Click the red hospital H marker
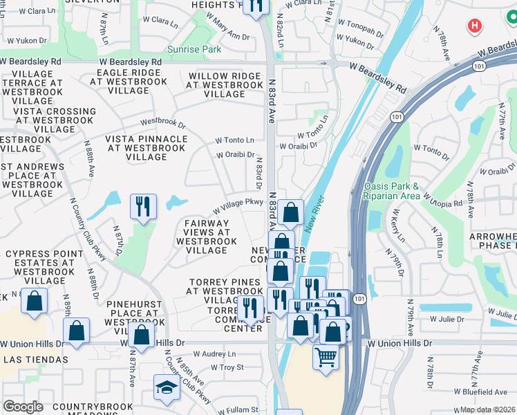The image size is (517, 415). (x=474, y=26)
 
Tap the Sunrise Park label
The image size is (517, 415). (x=194, y=50)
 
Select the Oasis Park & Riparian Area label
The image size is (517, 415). (x=391, y=191)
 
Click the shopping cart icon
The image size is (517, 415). (x=326, y=358)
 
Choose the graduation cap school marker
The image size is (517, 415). (x=167, y=388)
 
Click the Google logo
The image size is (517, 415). (x=23, y=407)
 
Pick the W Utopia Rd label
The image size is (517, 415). (x=443, y=201)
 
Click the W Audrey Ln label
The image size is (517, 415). (x=214, y=353)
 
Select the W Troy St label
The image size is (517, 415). (x=227, y=367)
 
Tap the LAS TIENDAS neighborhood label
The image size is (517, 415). (x=36, y=360)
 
